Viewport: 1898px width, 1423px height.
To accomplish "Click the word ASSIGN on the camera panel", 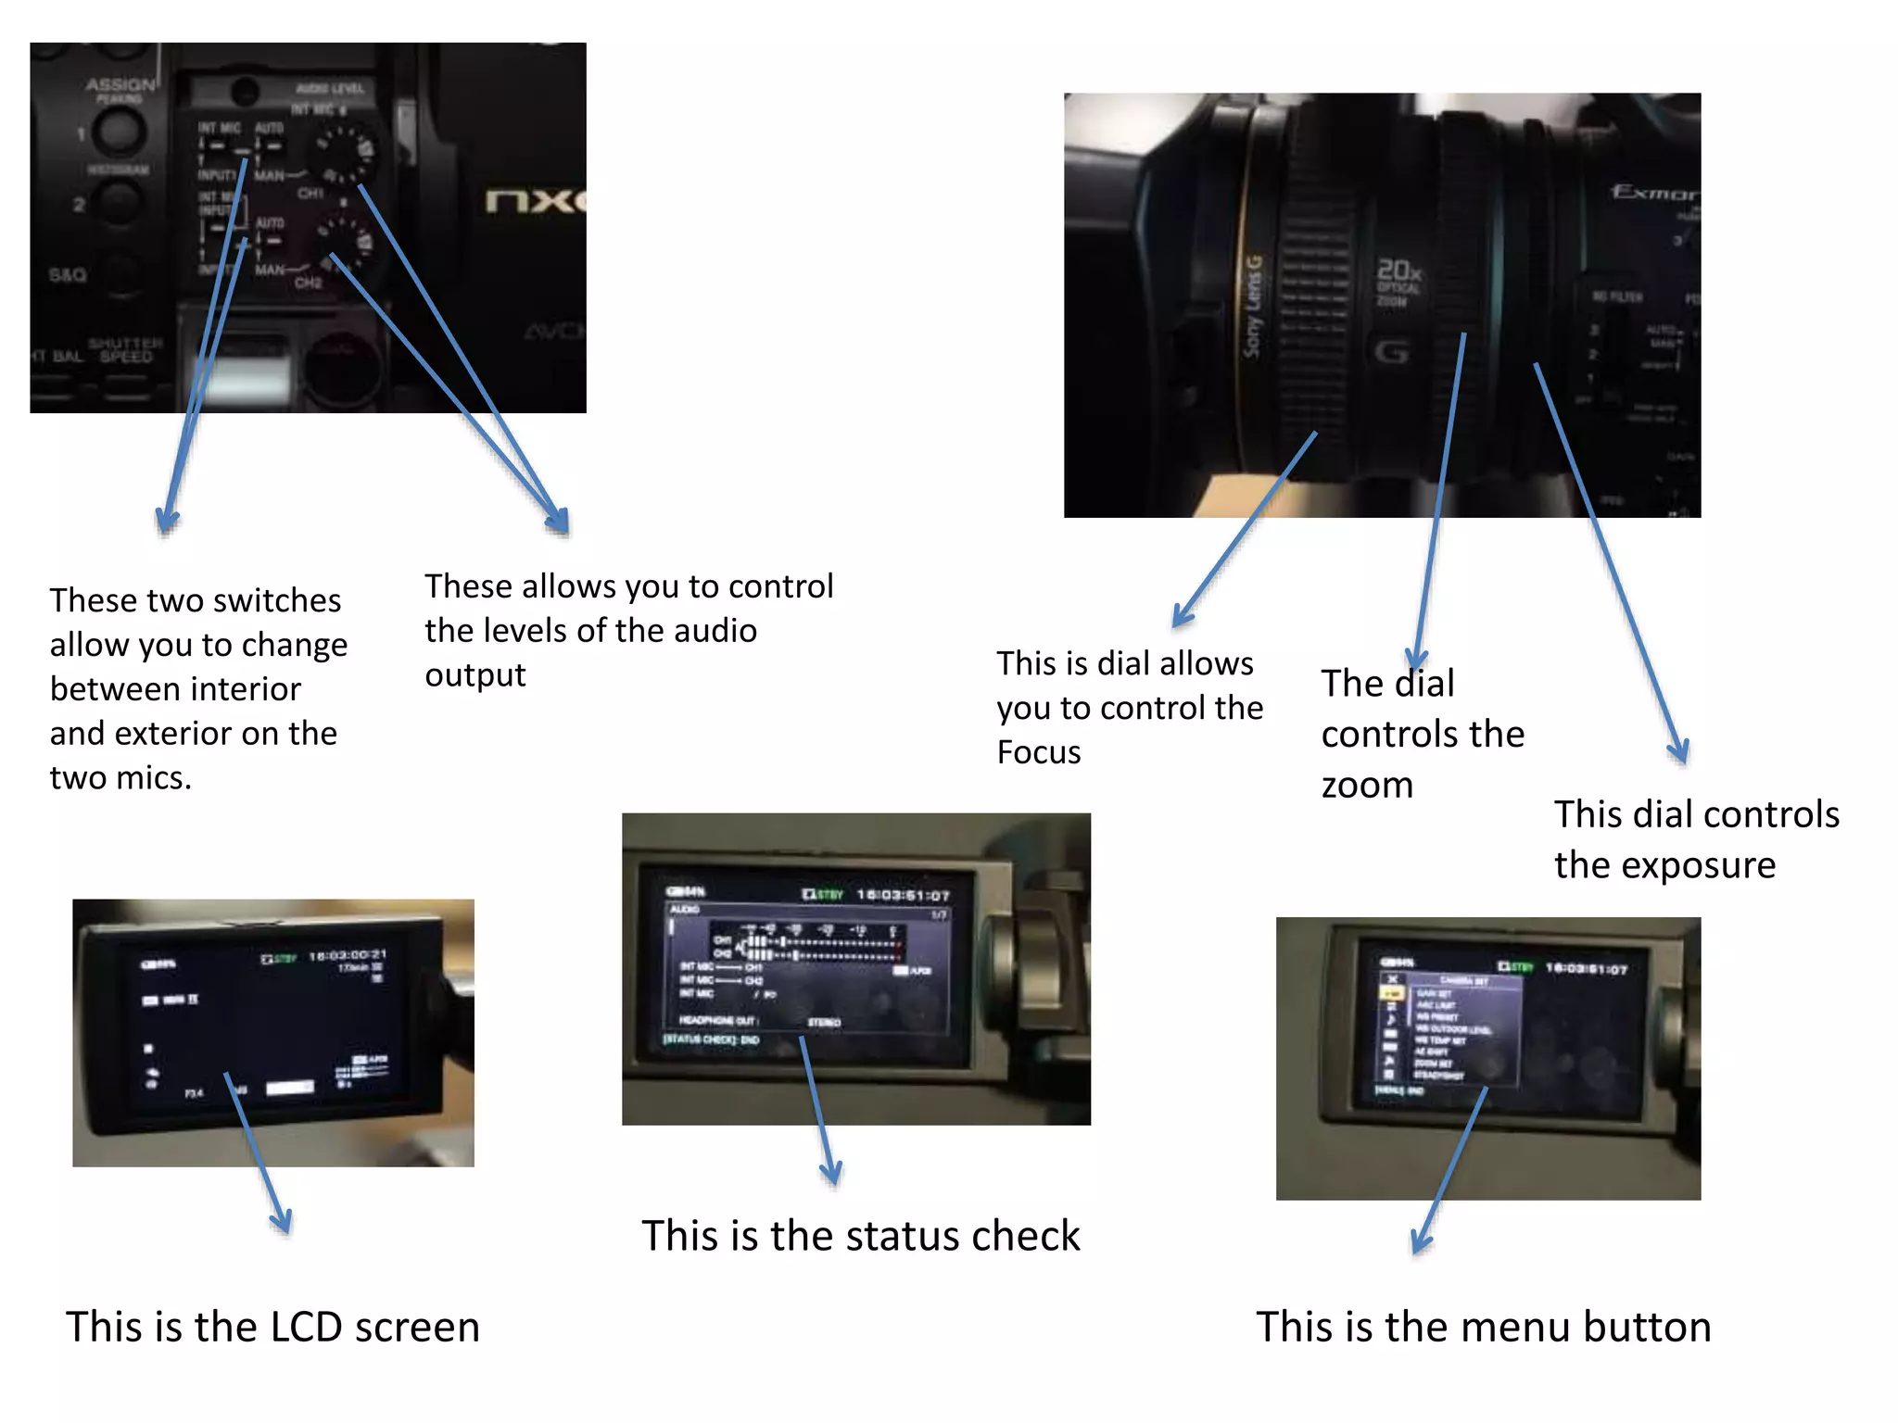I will click(120, 84).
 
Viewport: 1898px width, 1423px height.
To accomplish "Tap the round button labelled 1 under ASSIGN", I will click(120, 131).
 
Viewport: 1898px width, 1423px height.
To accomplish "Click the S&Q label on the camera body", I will click(67, 275).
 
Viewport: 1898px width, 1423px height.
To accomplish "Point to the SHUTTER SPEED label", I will click(126, 350).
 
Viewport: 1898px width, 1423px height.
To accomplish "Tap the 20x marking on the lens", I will click(1398, 271).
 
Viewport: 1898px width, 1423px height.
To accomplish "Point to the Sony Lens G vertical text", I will click(1253, 307).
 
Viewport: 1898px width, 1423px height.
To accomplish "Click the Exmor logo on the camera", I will click(1655, 193).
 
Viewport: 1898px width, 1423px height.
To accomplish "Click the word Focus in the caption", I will click(1038, 752).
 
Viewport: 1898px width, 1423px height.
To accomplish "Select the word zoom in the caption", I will click(1366, 786).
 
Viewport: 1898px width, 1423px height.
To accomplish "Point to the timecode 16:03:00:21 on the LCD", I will click(348, 955).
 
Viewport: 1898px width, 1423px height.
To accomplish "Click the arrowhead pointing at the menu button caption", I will click(1421, 1244).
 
